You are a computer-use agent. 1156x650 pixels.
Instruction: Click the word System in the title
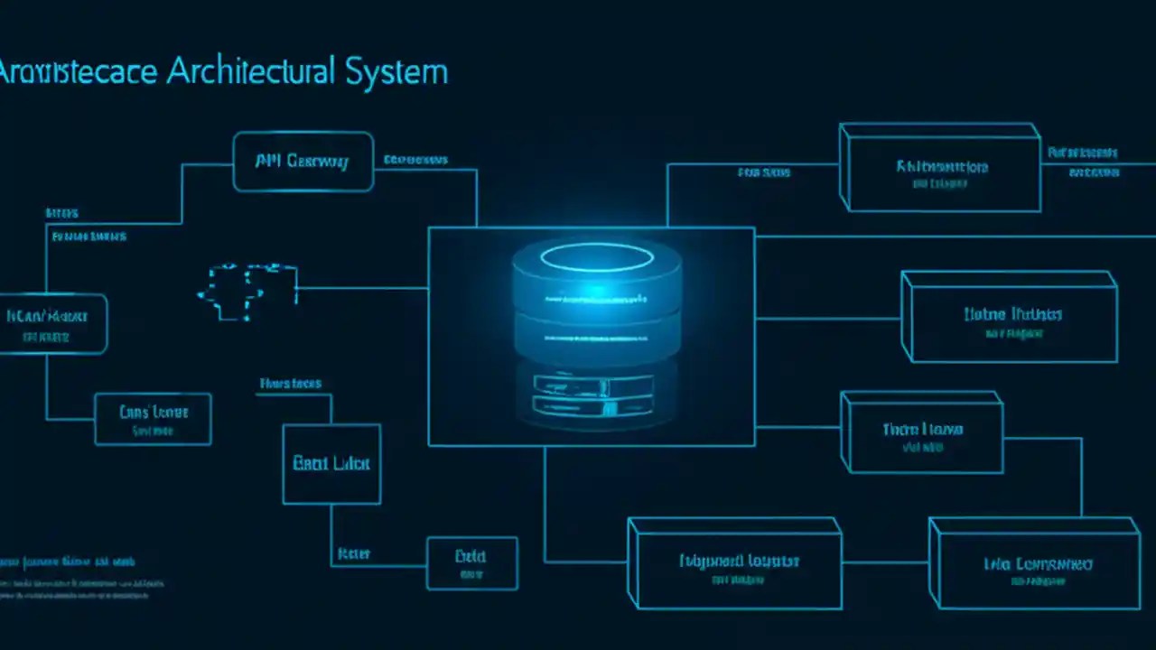coord(397,71)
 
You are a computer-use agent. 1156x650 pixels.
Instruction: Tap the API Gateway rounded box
coord(303,162)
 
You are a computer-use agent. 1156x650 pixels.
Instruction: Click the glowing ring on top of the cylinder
coord(596,257)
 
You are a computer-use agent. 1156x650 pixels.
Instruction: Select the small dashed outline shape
coord(247,291)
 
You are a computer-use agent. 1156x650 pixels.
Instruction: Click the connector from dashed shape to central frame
coord(362,289)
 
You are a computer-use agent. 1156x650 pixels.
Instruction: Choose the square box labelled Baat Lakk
coord(331,464)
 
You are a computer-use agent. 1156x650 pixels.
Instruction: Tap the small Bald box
coord(471,563)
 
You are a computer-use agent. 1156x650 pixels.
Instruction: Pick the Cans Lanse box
coord(153,418)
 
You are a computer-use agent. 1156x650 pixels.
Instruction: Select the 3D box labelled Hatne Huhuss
coord(1011,319)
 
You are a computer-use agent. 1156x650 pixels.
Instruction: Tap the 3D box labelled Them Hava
coord(922,433)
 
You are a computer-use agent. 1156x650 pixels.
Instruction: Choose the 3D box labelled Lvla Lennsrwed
coord(1035,564)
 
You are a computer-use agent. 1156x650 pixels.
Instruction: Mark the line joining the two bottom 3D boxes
coord(885,562)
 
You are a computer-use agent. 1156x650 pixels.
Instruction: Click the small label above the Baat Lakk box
coord(290,384)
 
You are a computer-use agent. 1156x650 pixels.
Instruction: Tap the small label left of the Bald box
coord(353,552)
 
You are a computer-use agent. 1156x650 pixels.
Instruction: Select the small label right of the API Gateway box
coord(415,161)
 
